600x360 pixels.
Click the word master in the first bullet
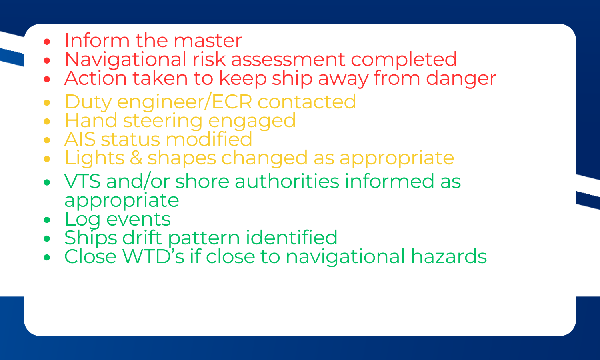point(208,41)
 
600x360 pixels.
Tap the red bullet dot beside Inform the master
point(47,42)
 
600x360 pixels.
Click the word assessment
point(288,60)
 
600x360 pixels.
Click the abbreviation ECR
point(232,102)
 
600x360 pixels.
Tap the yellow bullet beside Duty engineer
point(47,102)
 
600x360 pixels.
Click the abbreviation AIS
point(80,139)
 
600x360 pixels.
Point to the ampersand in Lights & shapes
point(136,158)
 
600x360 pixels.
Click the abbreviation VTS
point(82,181)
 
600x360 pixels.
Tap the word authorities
point(287,181)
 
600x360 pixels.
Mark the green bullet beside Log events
point(47,220)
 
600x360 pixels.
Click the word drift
point(142,238)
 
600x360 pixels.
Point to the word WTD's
point(154,257)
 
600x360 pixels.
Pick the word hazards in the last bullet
point(449,257)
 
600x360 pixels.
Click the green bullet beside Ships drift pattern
point(47,239)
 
